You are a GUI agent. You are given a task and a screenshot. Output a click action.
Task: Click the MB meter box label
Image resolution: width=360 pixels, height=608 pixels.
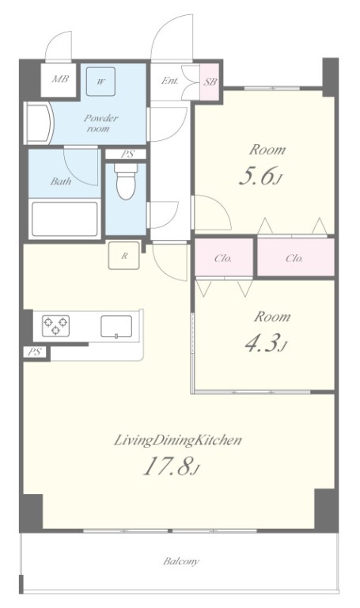point(60,79)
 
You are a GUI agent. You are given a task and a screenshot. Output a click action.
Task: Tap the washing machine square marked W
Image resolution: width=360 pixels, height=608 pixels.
point(100,82)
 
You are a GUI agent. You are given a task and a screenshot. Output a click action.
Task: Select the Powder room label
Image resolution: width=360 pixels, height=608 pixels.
point(100,123)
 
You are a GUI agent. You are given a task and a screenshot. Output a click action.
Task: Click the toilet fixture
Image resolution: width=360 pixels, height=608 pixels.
point(126,181)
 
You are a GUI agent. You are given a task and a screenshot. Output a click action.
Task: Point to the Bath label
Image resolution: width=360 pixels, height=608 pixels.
point(61,181)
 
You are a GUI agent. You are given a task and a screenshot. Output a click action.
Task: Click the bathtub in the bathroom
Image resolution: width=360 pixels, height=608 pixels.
point(64,218)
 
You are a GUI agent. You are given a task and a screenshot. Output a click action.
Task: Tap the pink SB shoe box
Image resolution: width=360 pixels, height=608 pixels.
point(209,82)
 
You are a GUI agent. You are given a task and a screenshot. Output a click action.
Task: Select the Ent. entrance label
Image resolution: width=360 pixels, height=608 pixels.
point(170,81)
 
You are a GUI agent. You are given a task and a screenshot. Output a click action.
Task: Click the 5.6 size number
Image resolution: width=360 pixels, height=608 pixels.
point(256,175)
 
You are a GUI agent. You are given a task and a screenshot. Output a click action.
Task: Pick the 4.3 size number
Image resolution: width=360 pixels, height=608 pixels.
point(262,343)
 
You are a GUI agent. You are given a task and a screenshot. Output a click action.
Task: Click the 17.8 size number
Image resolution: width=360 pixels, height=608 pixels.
point(168,466)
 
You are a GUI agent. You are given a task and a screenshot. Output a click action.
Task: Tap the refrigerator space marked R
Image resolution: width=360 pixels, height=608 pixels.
point(124,256)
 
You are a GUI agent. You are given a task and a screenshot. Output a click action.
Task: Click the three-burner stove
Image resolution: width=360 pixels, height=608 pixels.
point(56,325)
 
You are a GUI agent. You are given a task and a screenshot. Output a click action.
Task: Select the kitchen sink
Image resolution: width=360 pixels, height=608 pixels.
point(116,326)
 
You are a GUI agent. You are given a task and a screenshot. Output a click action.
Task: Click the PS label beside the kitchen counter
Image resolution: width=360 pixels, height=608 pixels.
point(35,352)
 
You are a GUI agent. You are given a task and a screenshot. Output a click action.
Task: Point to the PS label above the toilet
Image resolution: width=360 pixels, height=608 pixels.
point(127,154)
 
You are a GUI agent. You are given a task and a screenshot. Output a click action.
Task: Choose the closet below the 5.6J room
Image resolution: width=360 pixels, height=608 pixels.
point(295,257)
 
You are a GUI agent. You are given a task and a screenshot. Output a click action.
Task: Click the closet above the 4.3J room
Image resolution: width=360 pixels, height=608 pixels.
point(224,257)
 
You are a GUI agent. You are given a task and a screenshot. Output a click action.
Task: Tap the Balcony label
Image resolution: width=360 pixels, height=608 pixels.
point(181,561)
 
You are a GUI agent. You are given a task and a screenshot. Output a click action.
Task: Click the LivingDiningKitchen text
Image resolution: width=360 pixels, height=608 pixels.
point(178,440)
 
